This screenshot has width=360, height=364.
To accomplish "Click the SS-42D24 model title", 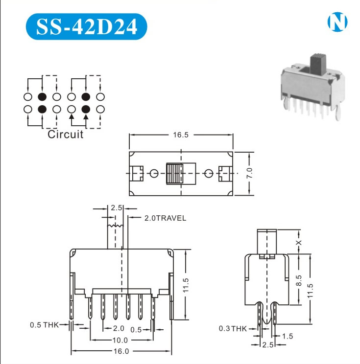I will pyautogui.click(x=86, y=26).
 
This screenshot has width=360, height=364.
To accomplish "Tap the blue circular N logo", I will pyautogui.click(x=337, y=22).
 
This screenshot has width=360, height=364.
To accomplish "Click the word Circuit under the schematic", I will pyautogui.click(x=65, y=135).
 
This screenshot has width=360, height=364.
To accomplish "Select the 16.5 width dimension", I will pyautogui.click(x=180, y=135).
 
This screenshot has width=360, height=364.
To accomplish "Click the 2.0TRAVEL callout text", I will pyautogui.click(x=165, y=218).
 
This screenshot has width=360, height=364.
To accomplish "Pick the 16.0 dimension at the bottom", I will pyautogui.click(x=120, y=351).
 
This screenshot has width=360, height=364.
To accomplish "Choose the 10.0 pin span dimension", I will pyautogui.click(x=120, y=340).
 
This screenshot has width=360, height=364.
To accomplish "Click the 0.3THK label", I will pyautogui.click(x=233, y=328).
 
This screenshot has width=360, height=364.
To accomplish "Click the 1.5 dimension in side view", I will pyautogui.click(x=287, y=336).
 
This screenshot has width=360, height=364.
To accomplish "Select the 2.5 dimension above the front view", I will pyautogui.click(x=116, y=208).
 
